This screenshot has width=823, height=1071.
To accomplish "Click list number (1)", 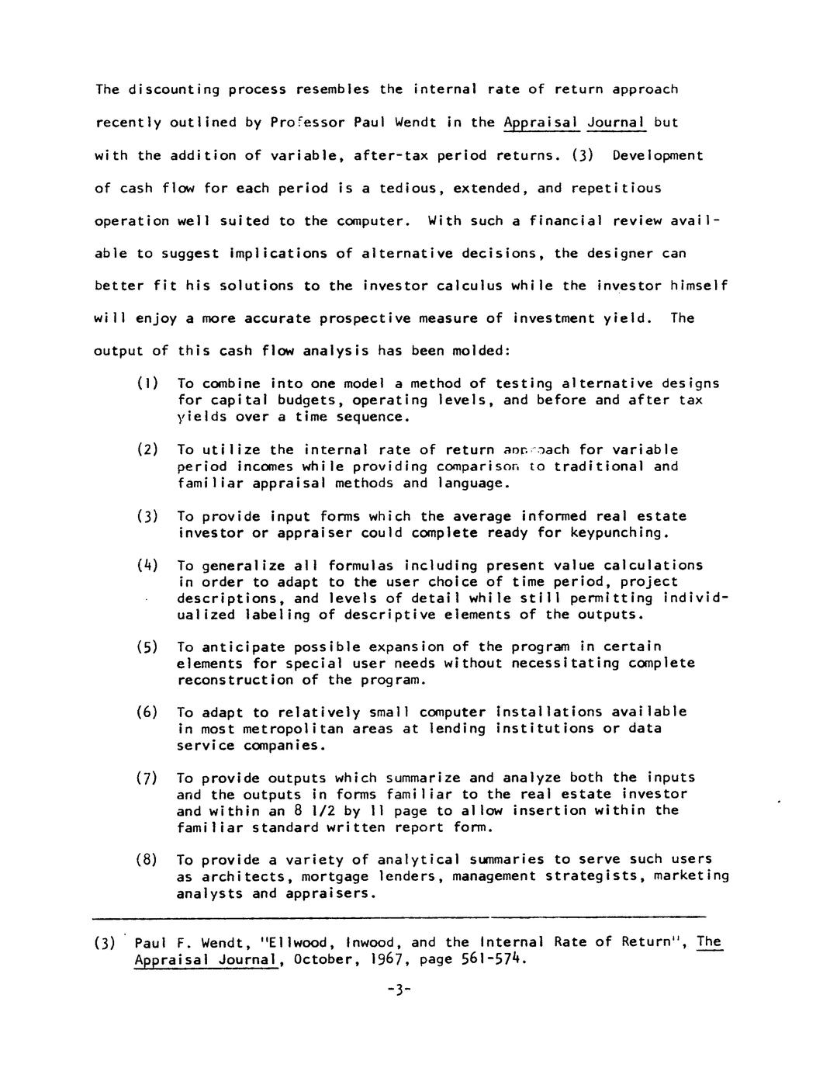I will [147, 383].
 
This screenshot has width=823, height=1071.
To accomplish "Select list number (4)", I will [147, 566].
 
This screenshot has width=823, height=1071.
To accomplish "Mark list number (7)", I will [147, 778].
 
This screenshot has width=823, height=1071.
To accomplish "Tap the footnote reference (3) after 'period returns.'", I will [583, 155].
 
